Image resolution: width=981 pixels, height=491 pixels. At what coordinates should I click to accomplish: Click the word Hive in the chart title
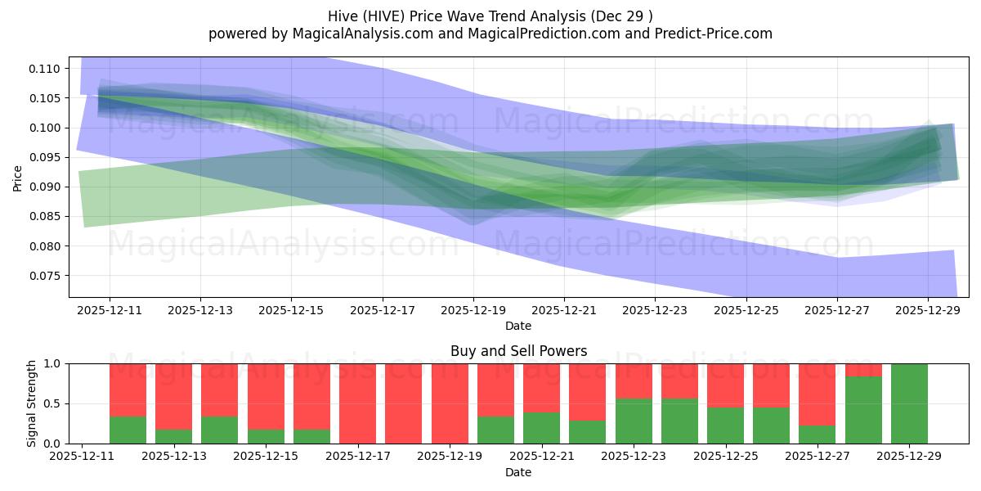tap(343, 16)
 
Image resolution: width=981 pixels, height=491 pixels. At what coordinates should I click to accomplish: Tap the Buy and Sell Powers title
tap(518, 351)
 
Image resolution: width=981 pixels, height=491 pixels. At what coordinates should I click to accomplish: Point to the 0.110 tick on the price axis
tap(45, 69)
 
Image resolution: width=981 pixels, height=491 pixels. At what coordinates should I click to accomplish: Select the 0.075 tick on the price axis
tap(45, 276)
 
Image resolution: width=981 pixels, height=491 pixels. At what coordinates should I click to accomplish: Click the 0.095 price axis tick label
tap(45, 157)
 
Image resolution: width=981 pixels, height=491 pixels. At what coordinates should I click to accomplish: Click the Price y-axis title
tap(18, 178)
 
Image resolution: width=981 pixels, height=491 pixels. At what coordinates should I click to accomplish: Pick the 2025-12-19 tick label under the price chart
tap(473, 312)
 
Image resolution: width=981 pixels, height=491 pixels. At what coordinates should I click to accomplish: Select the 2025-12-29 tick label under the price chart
tap(927, 312)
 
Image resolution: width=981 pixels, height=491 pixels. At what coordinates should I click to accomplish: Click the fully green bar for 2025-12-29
tap(909, 403)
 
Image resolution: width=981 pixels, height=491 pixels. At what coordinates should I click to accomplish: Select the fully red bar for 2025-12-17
tap(357, 403)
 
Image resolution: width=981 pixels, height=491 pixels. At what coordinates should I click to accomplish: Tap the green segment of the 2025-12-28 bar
tap(863, 410)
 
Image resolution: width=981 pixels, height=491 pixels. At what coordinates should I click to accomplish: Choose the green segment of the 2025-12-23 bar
tap(634, 421)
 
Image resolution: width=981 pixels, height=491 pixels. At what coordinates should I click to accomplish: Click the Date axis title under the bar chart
tap(518, 472)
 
